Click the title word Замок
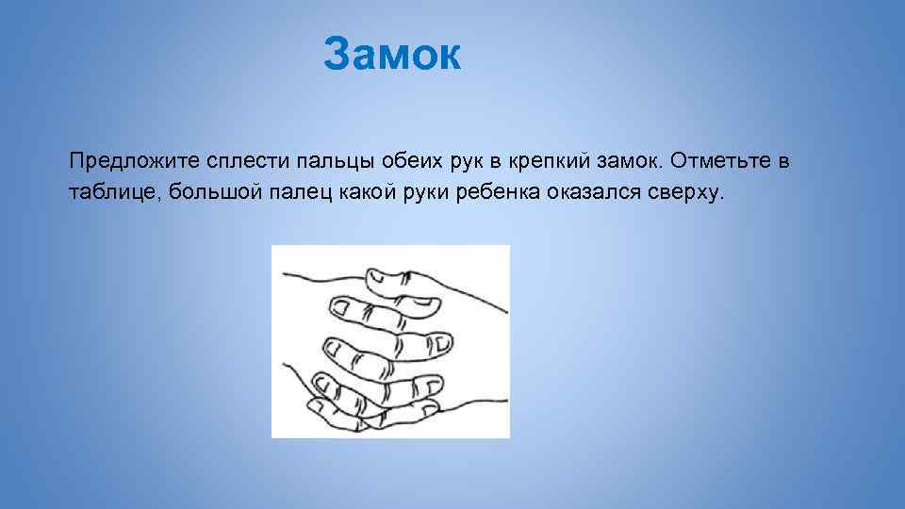(392, 55)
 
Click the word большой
(201, 193)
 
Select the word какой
(356, 193)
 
